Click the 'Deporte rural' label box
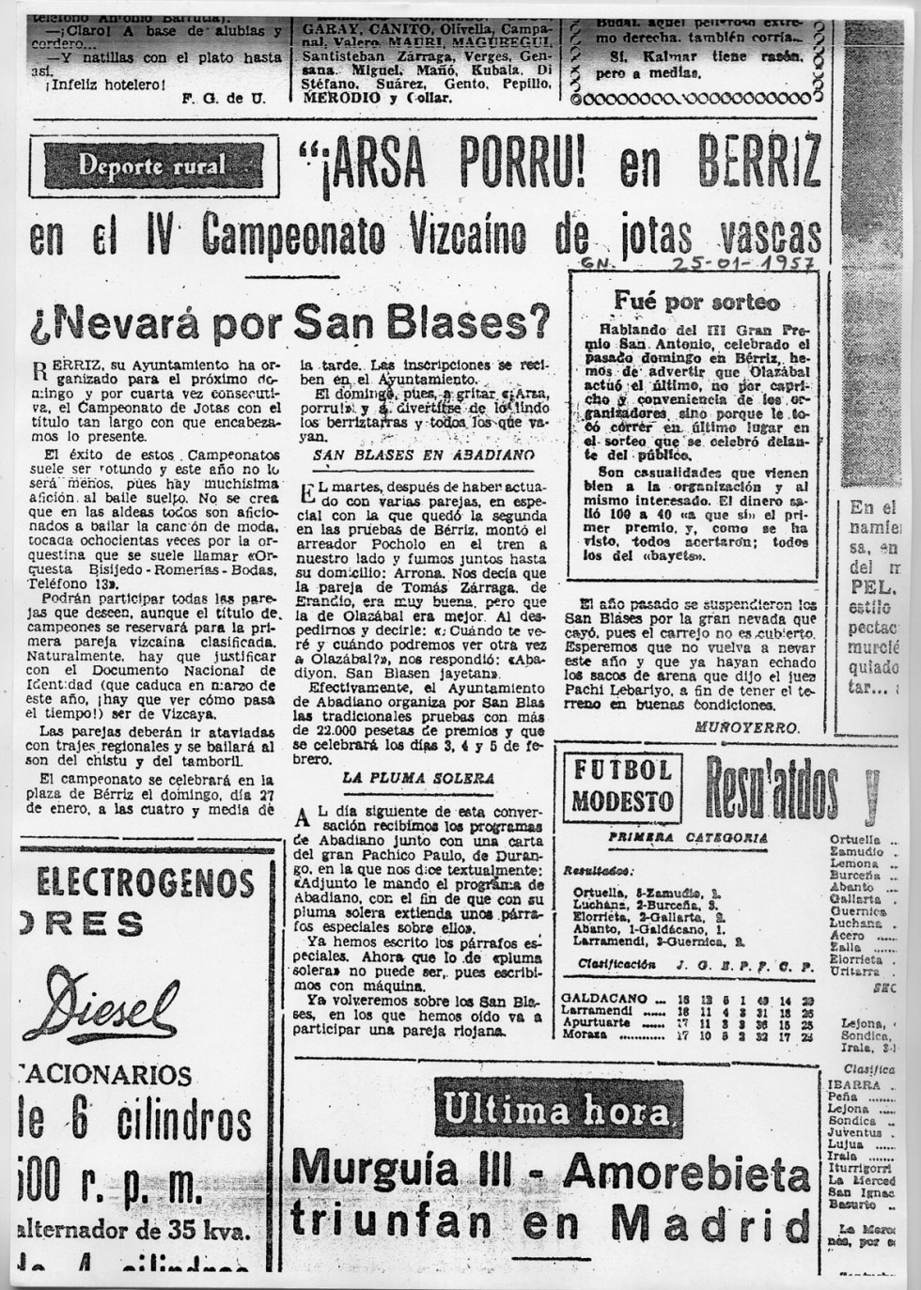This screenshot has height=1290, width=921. pyautogui.click(x=152, y=167)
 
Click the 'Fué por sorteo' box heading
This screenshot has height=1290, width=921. pyautogui.click(x=696, y=302)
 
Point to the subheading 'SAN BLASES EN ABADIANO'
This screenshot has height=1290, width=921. pyautogui.click(x=423, y=454)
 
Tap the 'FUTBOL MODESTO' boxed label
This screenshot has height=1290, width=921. pyautogui.click(x=622, y=785)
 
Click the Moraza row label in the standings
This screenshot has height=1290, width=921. pyautogui.click(x=583, y=1034)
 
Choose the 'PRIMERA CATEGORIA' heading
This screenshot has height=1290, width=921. pyautogui.click(x=687, y=838)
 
